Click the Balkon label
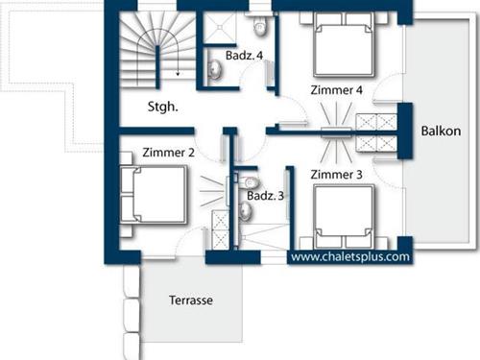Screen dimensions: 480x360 (441, 131)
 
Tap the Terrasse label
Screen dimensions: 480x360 (191, 300)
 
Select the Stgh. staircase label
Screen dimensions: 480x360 (162, 107)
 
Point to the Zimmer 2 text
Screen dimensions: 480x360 (169, 153)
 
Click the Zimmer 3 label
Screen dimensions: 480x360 (337, 175)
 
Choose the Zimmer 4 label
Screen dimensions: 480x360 (337, 90)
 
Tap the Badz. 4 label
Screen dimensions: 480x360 (244, 56)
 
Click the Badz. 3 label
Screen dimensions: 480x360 (265, 196)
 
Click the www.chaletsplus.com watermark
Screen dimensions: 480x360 (350, 256)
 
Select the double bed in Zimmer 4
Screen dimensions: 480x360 (344, 45)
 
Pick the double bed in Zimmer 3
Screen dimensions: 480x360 (344, 216)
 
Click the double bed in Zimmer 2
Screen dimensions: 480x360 (153, 195)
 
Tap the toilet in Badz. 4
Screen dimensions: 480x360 (259, 25)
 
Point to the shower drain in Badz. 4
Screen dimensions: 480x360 (219, 28)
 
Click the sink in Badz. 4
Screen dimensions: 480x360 (215, 70)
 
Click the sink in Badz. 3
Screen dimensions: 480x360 (246, 212)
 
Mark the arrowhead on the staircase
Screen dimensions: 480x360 (178, 74)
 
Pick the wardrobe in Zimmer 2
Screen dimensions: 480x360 (220, 229)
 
